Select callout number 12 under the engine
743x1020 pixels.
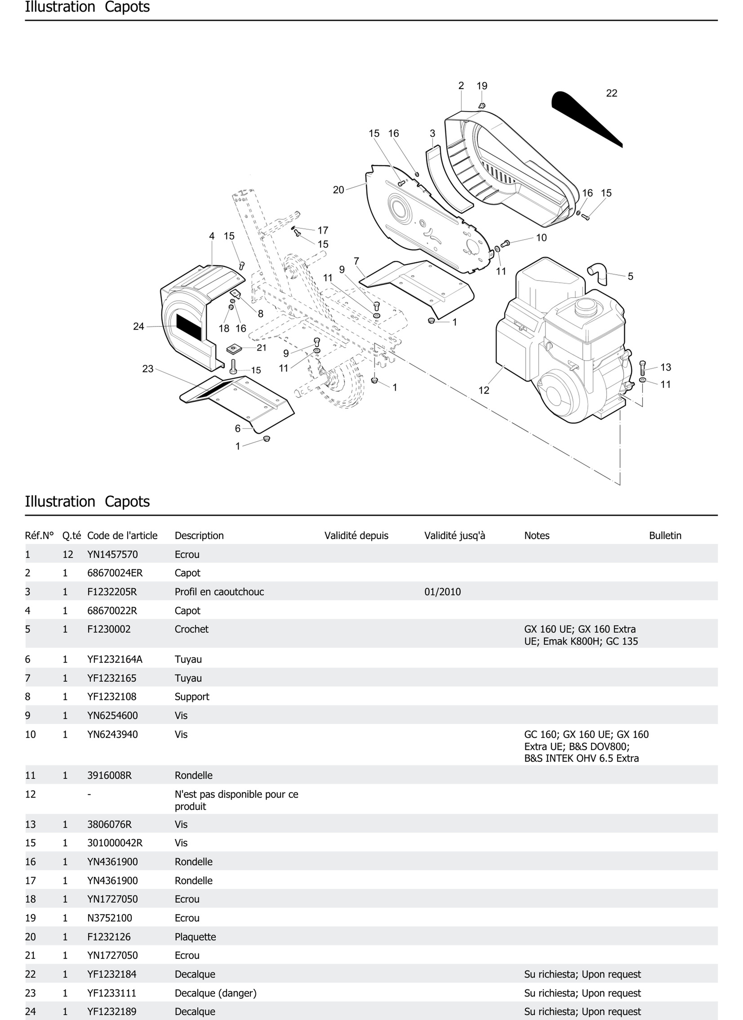tap(483, 390)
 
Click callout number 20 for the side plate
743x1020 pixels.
tap(338, 190)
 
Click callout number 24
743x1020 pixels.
tap(138, 326)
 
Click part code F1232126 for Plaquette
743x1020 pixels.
tap(109, 937)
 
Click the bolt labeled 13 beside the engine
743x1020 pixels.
tap(642, 368)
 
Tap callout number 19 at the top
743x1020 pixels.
tap(482, 85)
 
